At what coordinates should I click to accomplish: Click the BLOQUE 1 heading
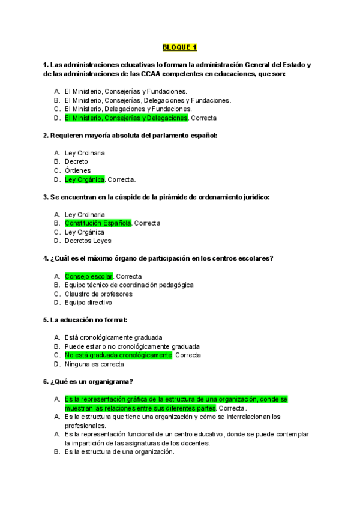click(x=179, y=47)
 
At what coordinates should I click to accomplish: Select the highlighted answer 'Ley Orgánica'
click(x=85, y=179)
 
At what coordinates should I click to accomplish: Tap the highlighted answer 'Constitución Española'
click(x=98, y=223)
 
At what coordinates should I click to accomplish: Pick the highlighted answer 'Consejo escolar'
click(x=89, y=276)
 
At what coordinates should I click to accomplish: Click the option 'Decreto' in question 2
click(x=76, y=161)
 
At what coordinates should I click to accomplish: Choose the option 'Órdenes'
click(x=78, y=170)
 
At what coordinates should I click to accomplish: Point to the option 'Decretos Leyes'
click(x=88, y=241)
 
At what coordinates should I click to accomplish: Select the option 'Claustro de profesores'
click(x=98, y=294)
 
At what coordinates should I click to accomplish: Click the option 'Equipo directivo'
click(x=88, y=303)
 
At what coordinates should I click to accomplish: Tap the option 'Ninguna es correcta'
click(x=94, y=364)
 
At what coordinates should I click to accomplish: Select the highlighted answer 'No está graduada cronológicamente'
click(x=118, y=355)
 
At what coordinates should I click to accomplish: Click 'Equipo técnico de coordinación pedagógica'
click(x=129, y=285)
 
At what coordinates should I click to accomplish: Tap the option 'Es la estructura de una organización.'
click(x=119, y=451)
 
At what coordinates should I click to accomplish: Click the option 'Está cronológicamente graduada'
click(x=113, y=337)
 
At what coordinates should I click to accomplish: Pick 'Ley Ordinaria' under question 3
click(x=85, y=214)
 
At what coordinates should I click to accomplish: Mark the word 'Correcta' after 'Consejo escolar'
click(x=129, y=276)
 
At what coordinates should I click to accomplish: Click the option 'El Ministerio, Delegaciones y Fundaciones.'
click(x=128, y=109)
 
